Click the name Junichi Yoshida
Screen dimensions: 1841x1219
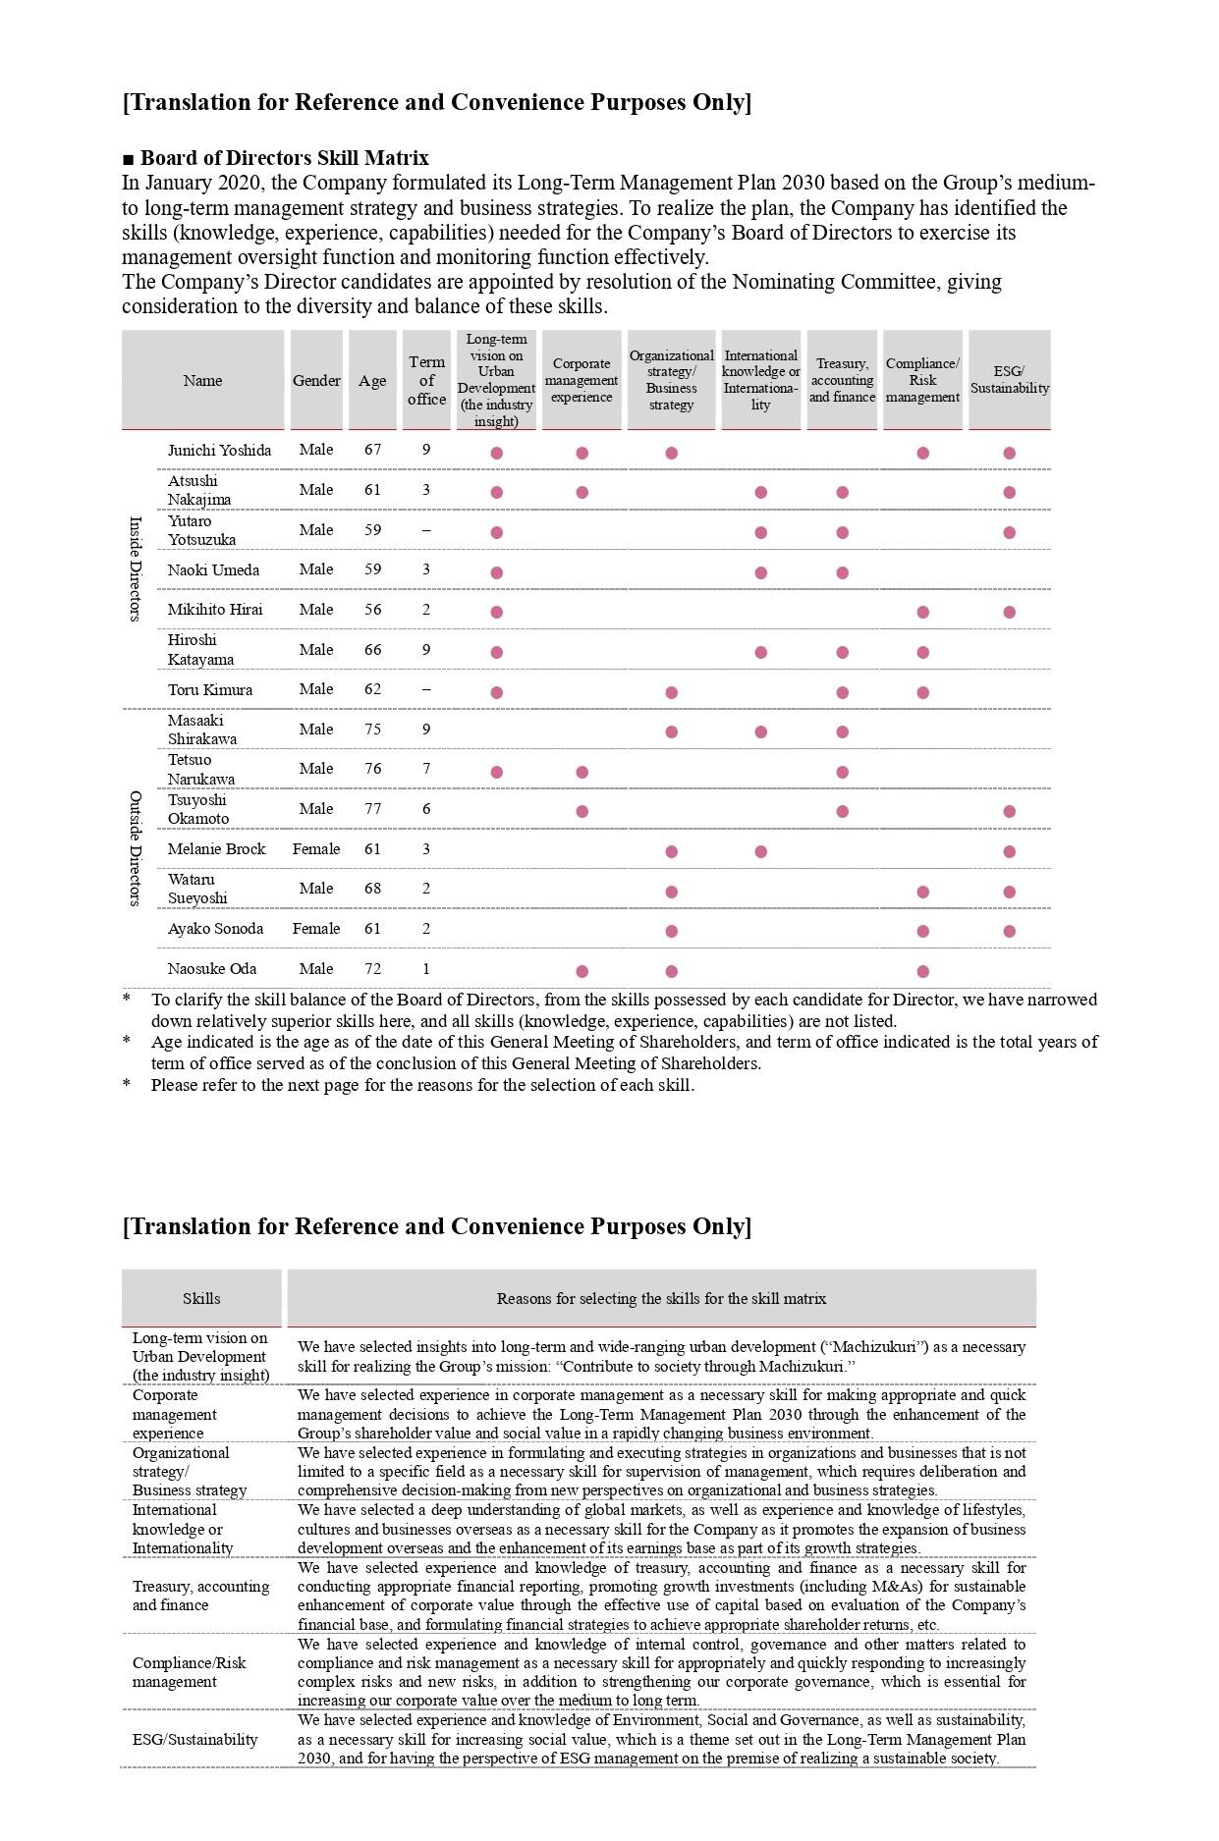point(219,451)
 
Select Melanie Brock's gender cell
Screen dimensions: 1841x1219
point(316,849)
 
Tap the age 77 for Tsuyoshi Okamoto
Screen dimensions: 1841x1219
point(372,809)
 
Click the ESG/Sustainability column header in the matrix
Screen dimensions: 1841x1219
point(1009,380)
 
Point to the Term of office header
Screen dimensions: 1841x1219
point(426,380)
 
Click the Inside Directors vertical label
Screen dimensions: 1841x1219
point(136,569)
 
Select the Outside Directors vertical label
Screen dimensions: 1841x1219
point(136,848)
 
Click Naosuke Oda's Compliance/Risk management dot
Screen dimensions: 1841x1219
point(922,971)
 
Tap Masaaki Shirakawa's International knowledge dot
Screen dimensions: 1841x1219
point(761,731)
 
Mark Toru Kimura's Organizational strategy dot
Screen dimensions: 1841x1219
point(672,692)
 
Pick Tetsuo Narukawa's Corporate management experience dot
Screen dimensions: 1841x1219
point(582,772)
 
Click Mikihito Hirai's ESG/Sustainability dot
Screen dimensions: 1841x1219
point(1009,612)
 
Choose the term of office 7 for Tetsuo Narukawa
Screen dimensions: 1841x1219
point(426,769)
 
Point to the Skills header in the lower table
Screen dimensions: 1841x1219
point(201,1298)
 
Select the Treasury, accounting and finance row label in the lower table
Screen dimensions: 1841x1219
point(200,1596)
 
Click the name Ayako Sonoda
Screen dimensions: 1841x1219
point(215,929)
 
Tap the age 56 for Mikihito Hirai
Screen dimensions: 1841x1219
point(372,610)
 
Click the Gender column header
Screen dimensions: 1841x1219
point(316,381)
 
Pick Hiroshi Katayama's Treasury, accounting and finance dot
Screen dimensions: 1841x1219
point(842,652)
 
